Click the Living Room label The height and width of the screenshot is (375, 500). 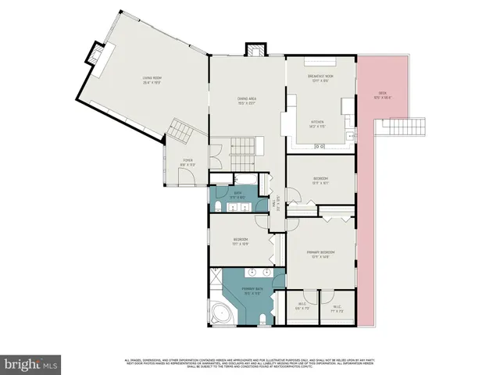(x=152, y=79)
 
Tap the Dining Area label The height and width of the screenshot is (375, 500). (x=247, y=99)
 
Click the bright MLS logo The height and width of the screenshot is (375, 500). (x=31, y=364)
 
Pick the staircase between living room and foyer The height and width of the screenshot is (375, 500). (x=182, y=130)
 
